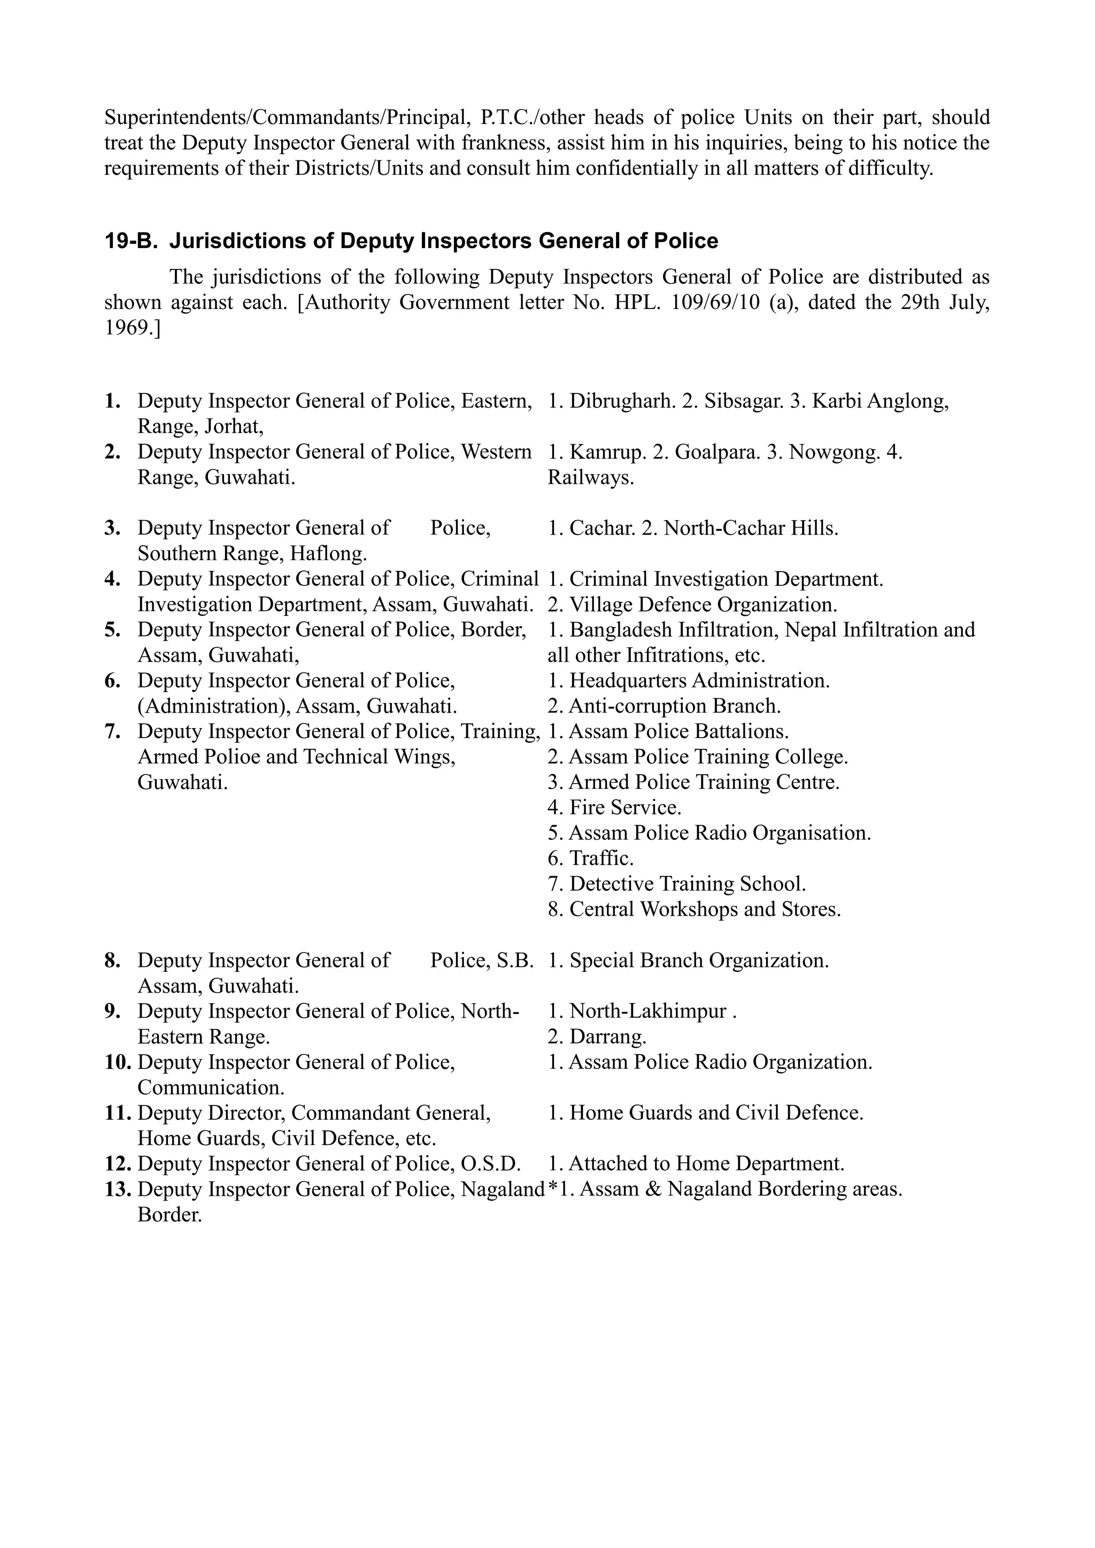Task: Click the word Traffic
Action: click(x=602, y=858)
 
